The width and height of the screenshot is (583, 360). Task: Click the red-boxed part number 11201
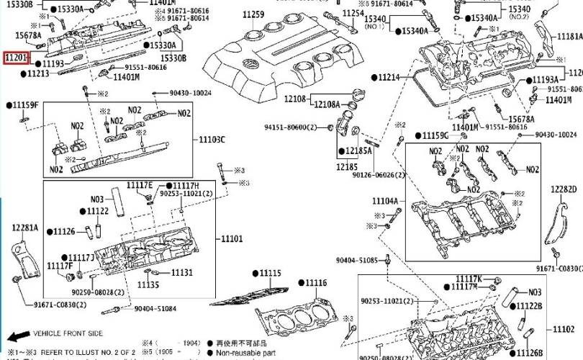pos(16,57)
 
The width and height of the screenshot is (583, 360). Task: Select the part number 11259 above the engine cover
pos(253,15)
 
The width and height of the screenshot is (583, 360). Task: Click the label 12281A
pos(24,228)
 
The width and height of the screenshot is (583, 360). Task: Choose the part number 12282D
pos(565,189)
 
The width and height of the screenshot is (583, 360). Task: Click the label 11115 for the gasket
pos(271,274)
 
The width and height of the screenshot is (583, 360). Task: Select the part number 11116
pos(315,282)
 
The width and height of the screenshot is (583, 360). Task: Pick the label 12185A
pos(358,151)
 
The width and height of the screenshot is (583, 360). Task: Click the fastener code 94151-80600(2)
pos(290,127)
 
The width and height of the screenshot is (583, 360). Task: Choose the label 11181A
pos(570,37)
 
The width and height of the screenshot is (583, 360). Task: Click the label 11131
pos(181,273)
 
